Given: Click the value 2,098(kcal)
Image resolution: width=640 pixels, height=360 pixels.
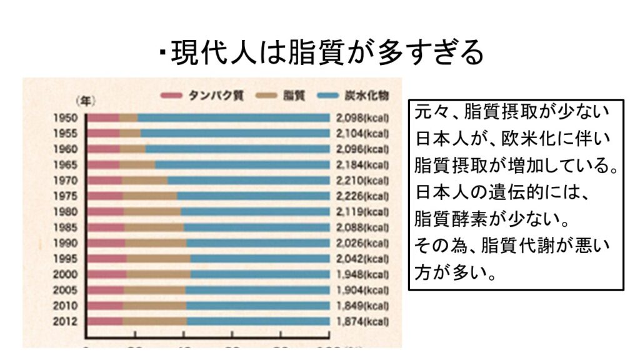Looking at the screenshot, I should [362, 118].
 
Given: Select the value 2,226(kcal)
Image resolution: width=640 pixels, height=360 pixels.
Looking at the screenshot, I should [362, 196].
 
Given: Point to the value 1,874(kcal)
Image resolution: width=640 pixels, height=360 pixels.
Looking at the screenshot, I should [362, 321].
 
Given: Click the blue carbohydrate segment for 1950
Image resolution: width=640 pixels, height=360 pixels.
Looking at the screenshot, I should [232, 118].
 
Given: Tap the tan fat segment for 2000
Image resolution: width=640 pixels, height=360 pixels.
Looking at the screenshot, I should [159, 274].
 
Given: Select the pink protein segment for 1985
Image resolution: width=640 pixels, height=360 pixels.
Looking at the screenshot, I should [106, 227].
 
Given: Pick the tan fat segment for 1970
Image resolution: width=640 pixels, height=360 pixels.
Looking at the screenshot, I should [144, 181].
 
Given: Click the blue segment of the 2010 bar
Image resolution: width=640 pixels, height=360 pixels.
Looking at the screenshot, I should [257, 306].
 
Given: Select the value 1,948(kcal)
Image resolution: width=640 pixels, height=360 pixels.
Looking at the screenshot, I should [362, 274].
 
